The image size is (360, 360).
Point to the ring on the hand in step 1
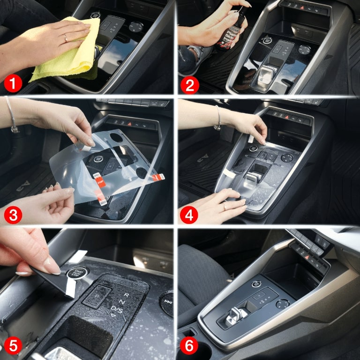[x=65, y=37]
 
